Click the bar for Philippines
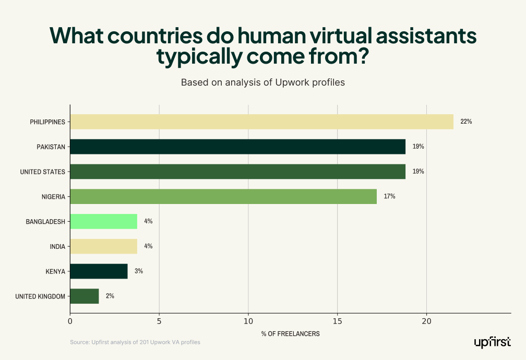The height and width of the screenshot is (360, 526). [261, 122]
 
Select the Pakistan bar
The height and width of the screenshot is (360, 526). [237, 147]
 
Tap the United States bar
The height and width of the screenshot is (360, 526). [237, 172]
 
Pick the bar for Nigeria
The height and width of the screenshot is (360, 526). [223, 196]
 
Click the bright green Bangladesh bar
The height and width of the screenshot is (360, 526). [103, 221]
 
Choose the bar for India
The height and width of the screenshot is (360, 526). [103, 246]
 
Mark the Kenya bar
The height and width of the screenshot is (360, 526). [99, 271]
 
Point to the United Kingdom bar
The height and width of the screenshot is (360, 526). [84, 296]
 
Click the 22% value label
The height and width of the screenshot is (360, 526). [466, 122]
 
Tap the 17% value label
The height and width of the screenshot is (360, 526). [389, 197]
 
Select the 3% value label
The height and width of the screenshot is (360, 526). [138, 271]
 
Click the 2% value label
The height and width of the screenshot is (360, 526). [110, 296]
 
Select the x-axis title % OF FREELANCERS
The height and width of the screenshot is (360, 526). [290, 333]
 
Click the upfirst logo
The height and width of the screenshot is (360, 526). [492, 342]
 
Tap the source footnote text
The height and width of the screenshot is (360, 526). [135, 342]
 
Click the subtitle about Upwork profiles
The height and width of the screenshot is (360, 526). [262, 82]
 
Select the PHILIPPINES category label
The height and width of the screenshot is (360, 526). [47, 122]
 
